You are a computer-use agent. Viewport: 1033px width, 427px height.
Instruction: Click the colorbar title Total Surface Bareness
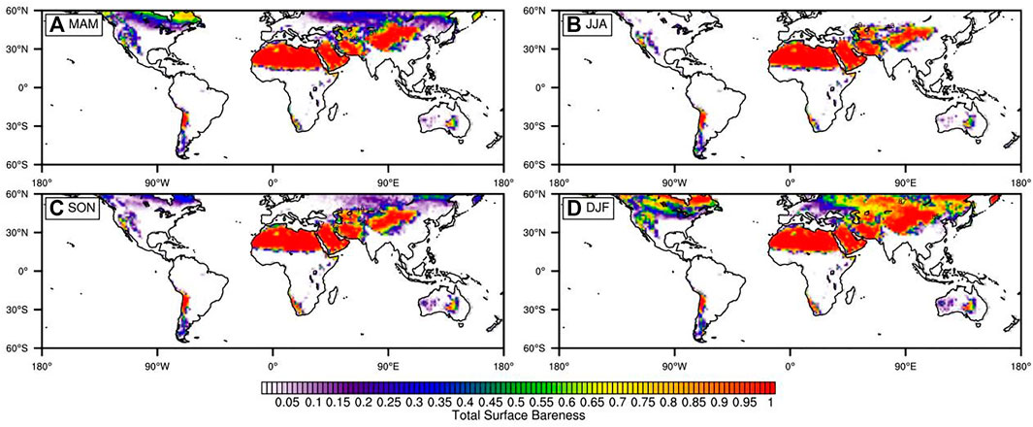(516, 414)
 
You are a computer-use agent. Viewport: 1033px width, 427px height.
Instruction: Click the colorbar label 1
(770, 401)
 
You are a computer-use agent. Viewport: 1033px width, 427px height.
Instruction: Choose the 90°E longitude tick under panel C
(388, 366)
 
